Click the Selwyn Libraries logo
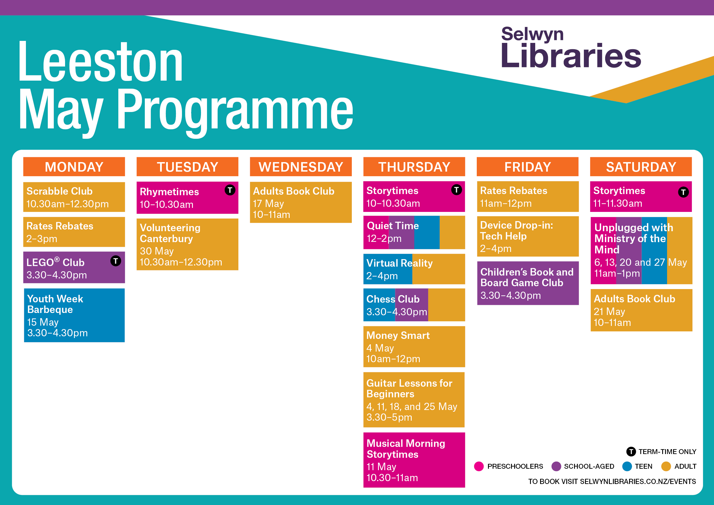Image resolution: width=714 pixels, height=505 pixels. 571,47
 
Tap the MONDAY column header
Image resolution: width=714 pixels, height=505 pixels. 74,167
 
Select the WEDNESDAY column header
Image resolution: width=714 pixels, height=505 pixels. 301,167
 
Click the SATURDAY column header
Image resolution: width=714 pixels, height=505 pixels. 641,167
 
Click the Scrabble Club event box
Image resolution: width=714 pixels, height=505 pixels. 74,197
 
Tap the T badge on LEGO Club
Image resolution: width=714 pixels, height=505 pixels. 116,261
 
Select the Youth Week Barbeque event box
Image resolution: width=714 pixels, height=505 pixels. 74,315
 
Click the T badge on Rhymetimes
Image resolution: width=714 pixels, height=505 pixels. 230,190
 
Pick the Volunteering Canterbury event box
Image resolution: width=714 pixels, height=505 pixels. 187,244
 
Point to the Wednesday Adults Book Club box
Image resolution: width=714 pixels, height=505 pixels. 301,202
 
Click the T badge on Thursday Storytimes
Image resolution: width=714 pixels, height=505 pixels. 457,189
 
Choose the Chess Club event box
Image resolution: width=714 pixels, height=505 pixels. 414,305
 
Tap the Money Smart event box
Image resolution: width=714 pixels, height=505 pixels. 414,347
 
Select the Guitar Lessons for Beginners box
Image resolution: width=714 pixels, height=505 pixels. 414,400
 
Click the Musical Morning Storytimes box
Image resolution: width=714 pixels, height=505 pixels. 414,460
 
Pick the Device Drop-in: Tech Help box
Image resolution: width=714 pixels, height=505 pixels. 528,236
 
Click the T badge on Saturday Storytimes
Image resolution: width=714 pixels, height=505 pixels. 683,192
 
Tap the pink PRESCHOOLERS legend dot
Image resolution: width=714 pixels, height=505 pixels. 479,466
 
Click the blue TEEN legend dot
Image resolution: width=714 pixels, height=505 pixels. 627,466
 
